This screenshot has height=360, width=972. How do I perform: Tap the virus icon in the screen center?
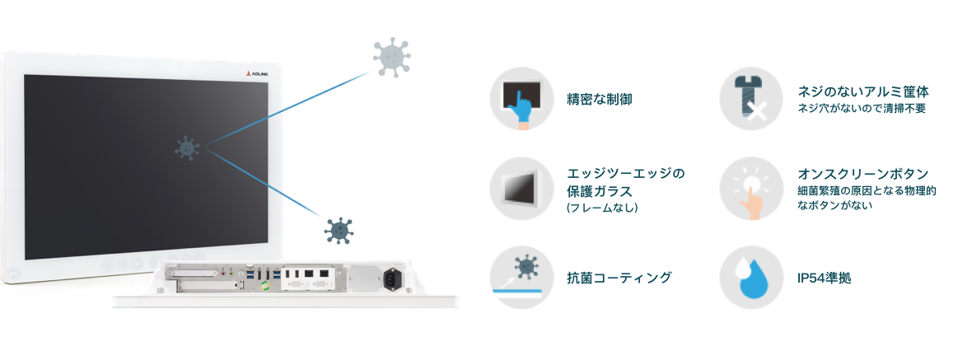click(x=188, y=148)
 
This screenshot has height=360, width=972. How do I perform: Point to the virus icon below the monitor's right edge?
click(x=338, y=231)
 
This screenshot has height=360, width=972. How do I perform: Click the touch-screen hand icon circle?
click(x=521, y=98)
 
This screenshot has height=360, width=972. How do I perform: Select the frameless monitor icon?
click(x=521, y=188)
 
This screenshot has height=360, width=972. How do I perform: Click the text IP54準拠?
click(x=824, y=278)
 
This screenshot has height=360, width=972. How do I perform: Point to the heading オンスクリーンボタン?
click(x=863, y=174)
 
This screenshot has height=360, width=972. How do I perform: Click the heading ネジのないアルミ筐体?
click(x=869, y=91)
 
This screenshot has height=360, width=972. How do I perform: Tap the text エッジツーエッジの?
click(x=626, y=174)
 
